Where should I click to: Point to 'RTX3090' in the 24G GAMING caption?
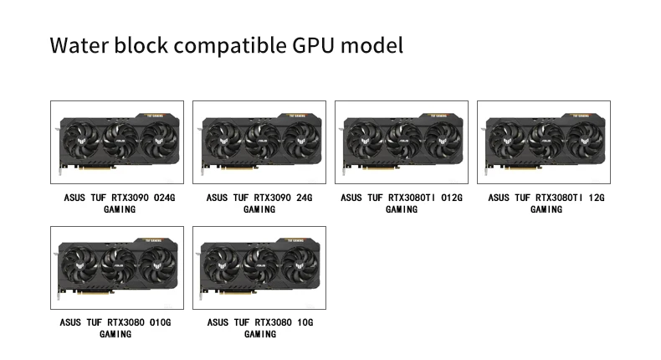(x=271, y=198)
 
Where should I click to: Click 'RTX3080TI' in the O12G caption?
(x=411, y=198)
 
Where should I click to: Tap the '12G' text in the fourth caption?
(x=596, y=198)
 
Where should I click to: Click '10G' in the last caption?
(x=305, y=322)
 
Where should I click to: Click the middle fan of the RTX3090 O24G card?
(x=118, y=141)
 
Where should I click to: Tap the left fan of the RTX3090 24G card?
(x=222, y=141)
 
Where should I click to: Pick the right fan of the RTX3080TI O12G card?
(x=440, y=141)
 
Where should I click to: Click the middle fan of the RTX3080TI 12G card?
(x=545, y=141)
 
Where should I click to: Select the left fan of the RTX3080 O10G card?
(x=79, y=266)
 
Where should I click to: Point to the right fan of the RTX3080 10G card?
(x=298, y=266)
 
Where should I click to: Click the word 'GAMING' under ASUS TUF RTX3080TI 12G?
(x=546, y=209)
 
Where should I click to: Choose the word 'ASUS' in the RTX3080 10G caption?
(x=218, y=322)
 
